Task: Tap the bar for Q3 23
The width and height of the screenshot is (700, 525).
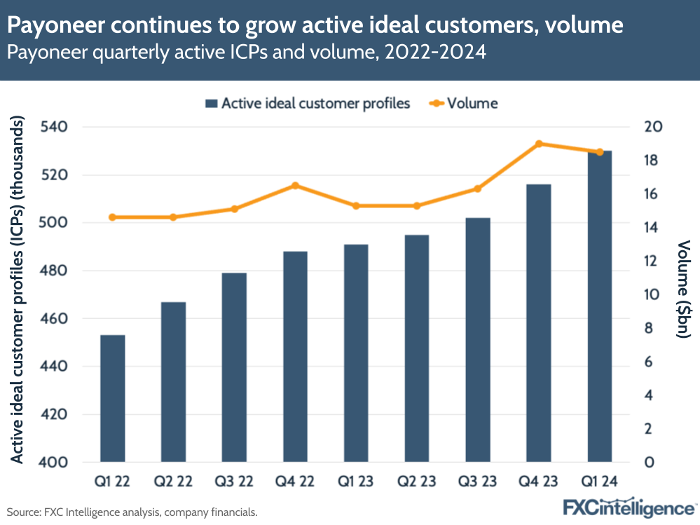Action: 478,339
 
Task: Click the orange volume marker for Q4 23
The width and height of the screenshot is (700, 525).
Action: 539,144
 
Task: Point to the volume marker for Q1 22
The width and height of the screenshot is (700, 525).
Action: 112,217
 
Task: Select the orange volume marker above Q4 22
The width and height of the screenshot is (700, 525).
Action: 295,186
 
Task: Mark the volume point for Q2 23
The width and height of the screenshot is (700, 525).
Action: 417,206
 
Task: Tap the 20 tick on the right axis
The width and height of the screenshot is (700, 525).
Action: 653,127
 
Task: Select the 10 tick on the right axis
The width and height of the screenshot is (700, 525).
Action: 653,295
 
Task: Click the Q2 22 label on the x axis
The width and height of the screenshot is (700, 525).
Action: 173,482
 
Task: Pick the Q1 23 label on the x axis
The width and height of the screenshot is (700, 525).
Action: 356,482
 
